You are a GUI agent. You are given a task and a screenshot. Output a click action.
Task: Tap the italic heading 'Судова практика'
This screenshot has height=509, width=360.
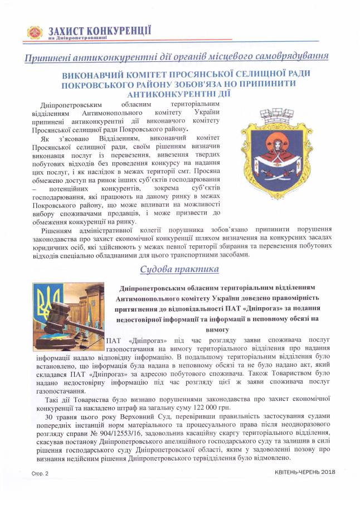[x=179, y=270]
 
